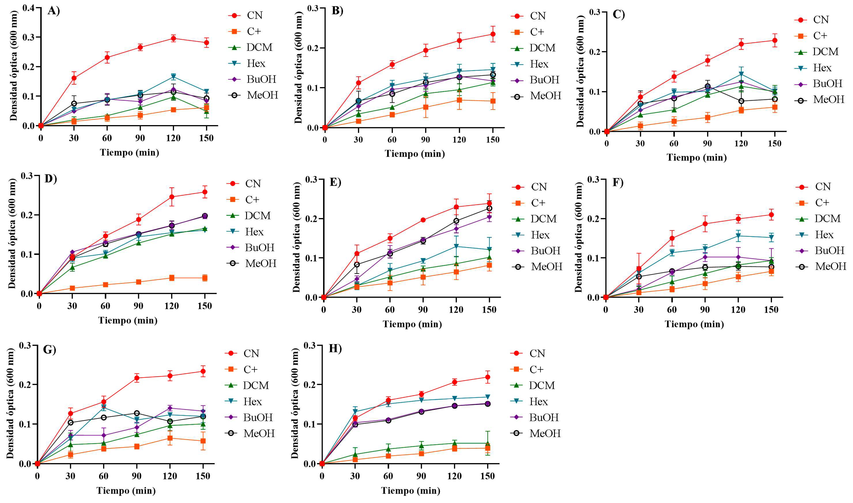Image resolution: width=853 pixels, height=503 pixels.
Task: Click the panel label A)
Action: click(x=54, y=11)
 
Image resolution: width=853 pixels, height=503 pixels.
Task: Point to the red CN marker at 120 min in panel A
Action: click(x=173, y=38)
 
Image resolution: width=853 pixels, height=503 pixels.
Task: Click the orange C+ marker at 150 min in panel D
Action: click(x=205, y=278)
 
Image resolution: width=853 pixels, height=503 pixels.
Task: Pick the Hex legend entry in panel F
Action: click(x=824, y=234)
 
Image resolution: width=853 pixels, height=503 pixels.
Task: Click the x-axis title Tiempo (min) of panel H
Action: click(x=410, y=491)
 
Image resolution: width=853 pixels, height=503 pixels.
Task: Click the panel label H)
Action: click(x=335, y=349)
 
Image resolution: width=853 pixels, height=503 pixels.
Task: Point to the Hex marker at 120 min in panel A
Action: click(x=173, y=77)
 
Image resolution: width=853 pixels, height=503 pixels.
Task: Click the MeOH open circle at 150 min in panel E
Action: click(x=489, y=208)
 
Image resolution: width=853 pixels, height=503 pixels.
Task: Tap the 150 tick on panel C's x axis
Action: click(x=774, y=143)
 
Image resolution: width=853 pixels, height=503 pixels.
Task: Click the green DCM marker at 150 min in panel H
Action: click(x=487, y=443)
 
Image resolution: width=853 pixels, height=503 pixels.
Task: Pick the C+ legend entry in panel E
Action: click(x=538, y=203)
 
